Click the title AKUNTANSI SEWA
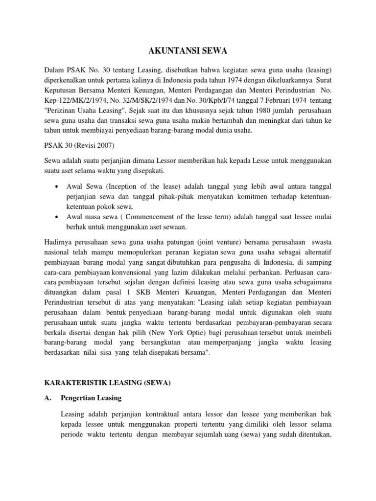[x=188, y=50]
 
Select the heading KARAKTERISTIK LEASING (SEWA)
[x=107, y=383]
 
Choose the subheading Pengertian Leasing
[x=91, y=399]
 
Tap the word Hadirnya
[x=59, y=244]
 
